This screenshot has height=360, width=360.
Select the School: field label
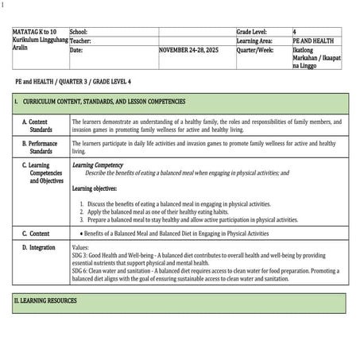pos(79,31)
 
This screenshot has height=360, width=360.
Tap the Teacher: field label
pos(81,40)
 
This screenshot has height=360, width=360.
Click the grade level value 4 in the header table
pos(295,31)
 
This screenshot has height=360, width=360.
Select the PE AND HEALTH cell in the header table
pos(312,40)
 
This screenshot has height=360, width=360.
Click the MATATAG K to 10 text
pos(34,31)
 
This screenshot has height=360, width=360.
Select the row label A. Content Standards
pos(41,126)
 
